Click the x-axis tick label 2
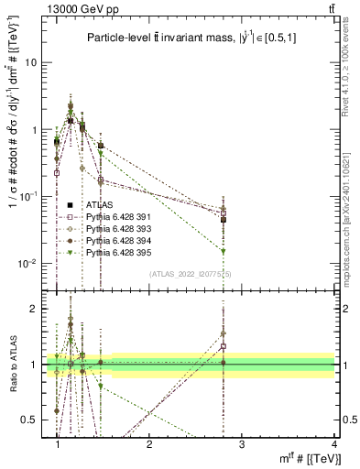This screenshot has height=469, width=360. pos(149,444)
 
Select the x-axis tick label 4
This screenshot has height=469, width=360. pos(334,444)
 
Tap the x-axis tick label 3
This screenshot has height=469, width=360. pos(242,444)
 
